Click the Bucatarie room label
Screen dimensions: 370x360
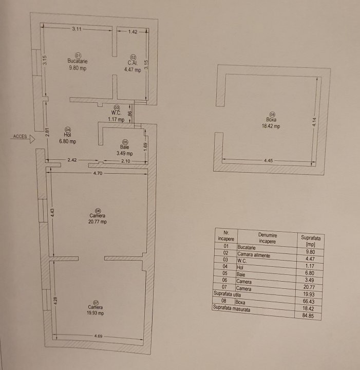point(77,61)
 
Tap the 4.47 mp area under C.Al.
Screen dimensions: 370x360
point(132,70)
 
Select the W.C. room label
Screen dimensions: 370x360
point(116,113)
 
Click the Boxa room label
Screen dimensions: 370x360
point(271,119)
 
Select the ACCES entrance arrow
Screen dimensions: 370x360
point(32,138)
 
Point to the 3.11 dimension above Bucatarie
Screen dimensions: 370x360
point(77,29)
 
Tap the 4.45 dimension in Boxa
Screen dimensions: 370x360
point(268,161)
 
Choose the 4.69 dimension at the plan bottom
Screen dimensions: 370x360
point(98,336)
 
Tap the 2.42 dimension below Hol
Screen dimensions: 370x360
point(72,160)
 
